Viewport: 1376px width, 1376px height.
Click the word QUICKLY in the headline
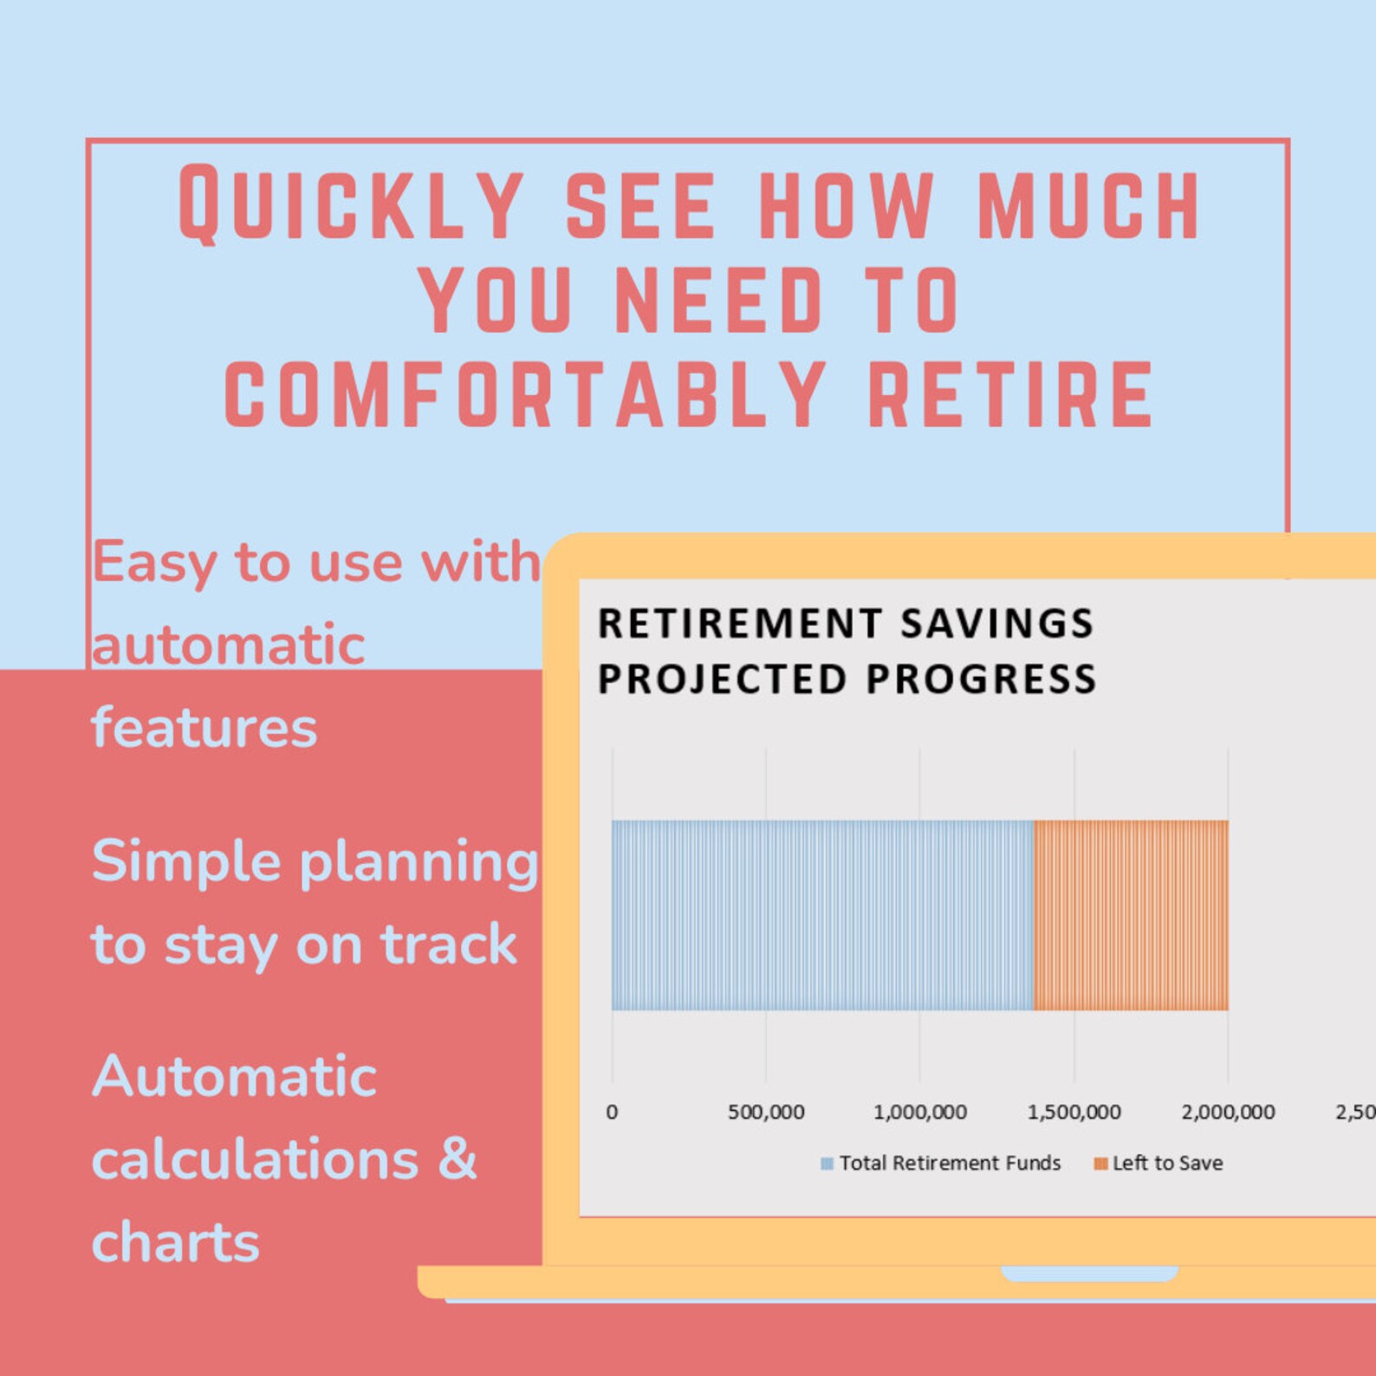351,204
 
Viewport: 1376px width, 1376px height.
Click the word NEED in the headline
718,300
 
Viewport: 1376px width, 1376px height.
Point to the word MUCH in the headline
1089,204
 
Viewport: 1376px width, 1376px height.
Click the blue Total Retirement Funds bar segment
822,915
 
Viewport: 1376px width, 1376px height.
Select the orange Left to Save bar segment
1131,915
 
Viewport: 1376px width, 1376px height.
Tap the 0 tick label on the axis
612,1112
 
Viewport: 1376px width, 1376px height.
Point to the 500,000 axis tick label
766,1112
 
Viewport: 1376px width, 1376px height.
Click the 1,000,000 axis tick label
920,1112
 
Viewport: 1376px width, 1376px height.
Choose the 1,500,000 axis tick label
1074,1112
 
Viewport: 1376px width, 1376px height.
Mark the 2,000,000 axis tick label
1228,1112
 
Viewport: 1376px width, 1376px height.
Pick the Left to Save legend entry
1159,1163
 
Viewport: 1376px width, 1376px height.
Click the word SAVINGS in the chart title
997,624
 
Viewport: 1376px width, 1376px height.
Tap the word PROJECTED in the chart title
722,678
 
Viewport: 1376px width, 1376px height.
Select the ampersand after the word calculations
458,1158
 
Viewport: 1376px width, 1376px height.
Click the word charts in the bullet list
176,1242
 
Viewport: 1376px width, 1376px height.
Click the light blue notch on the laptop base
1089,1273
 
